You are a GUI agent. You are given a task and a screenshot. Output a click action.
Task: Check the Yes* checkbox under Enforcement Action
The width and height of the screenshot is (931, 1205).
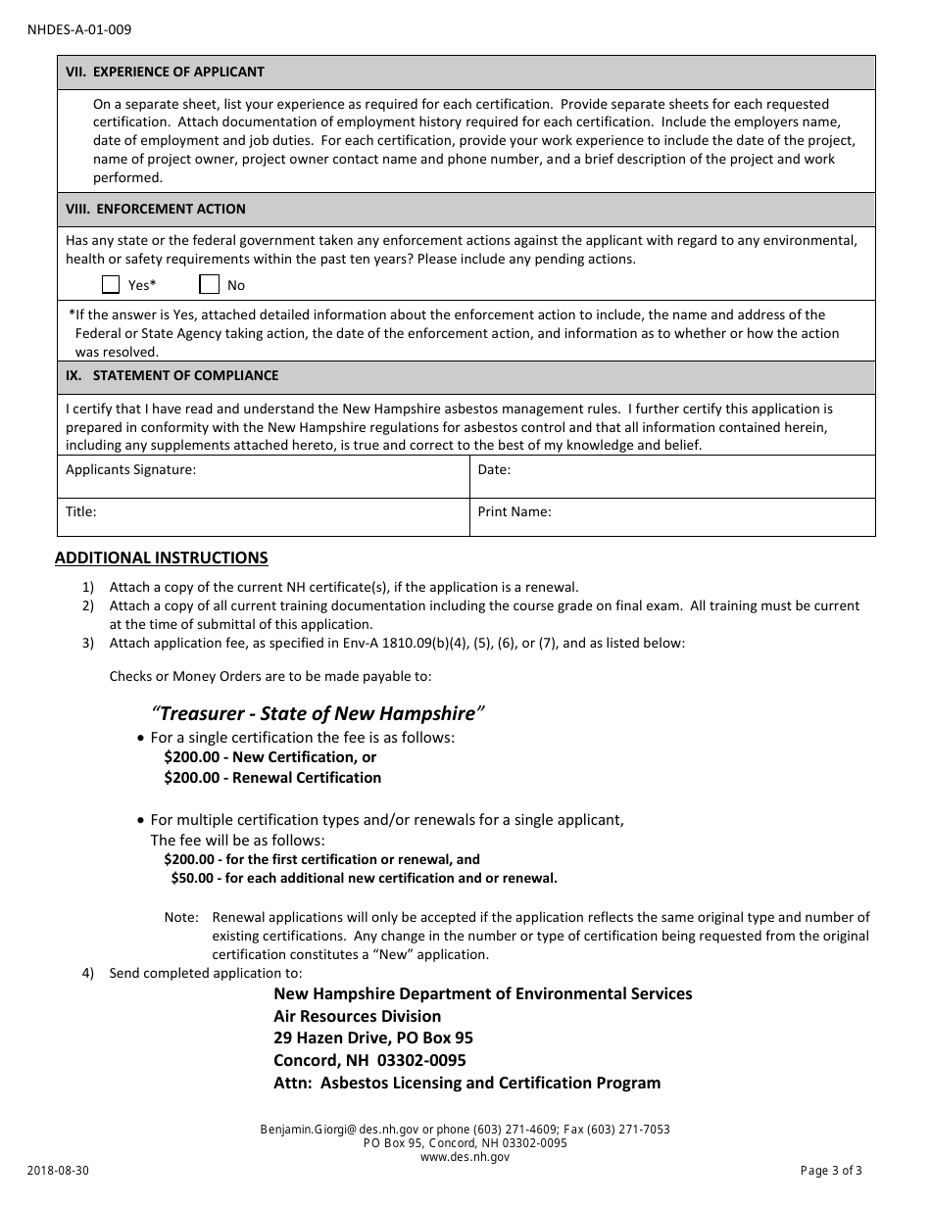pyautogui.click(x=111, y=285)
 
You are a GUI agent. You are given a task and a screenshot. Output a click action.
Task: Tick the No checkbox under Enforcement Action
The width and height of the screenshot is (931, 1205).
pyautogui.click(x=209, y=285)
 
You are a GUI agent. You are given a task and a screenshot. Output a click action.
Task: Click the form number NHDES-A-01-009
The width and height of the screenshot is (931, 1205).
pyautogui.click(x=78, y=29)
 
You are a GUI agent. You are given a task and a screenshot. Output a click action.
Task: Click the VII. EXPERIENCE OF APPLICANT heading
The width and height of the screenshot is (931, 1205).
pyautogui.click(x=165, y=72)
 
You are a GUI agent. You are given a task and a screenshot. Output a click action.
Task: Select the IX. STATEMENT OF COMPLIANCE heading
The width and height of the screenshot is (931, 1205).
pyautogui.click(x=171, y=376)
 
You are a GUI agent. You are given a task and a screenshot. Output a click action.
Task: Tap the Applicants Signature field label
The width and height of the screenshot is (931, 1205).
pyautogui.click(x=130, y=470)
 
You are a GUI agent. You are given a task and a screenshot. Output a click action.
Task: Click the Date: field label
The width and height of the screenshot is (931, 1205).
pyautogui.click(x=494, y=470)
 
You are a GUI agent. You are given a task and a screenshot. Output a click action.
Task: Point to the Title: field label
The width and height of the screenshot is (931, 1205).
pyautogui.click(x=80, y=511)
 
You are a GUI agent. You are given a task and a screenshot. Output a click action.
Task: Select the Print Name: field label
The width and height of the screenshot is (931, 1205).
pyautogui.click(x=514, y=511)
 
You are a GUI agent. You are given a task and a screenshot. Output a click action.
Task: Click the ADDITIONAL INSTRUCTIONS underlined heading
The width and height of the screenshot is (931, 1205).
pyautogui.click(x=161, y=558)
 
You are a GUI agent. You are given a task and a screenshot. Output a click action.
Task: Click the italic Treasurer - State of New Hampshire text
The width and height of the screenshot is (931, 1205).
pyautogui.click(x=318, y=713)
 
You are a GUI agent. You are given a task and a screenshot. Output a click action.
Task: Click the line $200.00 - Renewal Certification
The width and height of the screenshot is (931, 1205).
pyautogui.click(x=272, y=778)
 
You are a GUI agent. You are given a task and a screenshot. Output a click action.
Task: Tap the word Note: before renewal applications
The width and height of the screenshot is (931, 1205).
pyautogui.click(x=180, y=918)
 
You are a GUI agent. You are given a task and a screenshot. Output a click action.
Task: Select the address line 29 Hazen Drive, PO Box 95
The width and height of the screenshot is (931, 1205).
pyautogui.click(x=372, y=1038)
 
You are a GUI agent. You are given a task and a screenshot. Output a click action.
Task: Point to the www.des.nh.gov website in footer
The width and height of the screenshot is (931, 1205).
pyautogui.click(x=465, y=1157)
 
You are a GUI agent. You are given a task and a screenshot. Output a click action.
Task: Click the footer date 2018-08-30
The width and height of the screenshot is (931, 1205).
pyautogui.click(x=57, y=1171)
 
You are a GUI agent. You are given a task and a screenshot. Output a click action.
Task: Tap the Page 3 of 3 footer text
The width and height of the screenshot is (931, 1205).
pyautogui.click(x=831, y=1171)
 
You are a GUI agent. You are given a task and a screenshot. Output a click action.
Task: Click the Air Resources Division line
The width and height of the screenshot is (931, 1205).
pyautogui.click(x=357, y=1016)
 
